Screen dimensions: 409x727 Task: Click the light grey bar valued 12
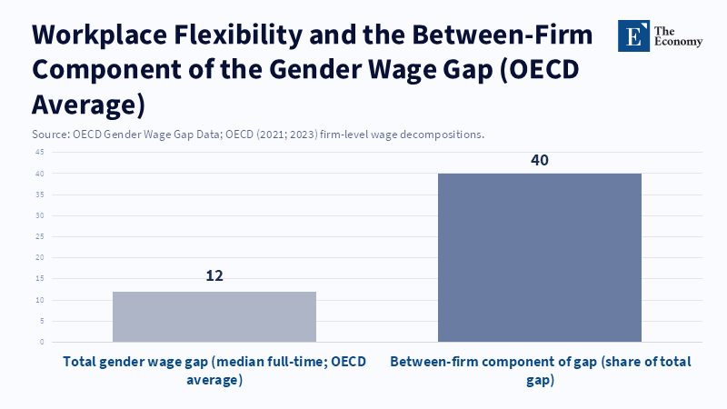[214, 316]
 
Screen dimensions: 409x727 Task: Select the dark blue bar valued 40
[540, 257]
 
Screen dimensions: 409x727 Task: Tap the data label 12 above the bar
[214, 275]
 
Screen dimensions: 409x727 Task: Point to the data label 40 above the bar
[540, 160]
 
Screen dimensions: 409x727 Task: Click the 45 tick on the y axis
[40, 152]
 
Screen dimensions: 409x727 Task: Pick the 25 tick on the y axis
[40, 236]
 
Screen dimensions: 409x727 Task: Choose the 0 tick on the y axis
[42, 342]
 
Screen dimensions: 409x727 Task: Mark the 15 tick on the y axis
[40, 279]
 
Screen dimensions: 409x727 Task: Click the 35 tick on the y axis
[40, 195]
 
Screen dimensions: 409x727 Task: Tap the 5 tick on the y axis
[42, 321]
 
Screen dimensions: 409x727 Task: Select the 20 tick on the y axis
[40, 257]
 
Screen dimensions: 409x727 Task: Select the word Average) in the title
[88, 104]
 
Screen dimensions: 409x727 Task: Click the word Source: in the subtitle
[50, 135]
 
